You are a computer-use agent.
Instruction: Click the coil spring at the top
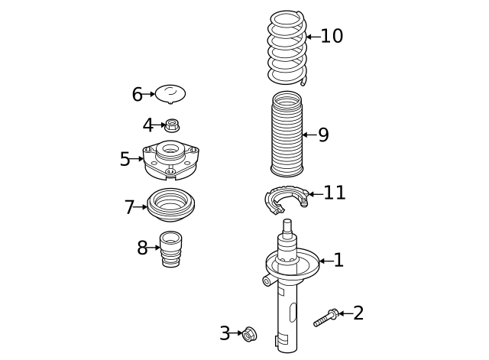287,47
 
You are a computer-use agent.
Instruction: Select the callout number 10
332,36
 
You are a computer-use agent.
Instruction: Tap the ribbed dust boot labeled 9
287,134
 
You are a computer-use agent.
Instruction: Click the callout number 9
323,135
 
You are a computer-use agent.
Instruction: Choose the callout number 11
334,193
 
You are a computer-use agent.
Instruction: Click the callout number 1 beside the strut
338,261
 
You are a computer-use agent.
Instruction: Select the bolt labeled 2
326,317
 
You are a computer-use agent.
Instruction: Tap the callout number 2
358,313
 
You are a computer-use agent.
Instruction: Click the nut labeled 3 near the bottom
249,333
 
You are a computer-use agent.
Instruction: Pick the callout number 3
225,333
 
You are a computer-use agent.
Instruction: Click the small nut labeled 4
172,124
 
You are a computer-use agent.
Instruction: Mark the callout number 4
148,125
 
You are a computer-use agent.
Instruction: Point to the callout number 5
125,159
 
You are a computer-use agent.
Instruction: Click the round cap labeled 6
170,94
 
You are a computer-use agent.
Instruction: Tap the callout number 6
137,94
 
